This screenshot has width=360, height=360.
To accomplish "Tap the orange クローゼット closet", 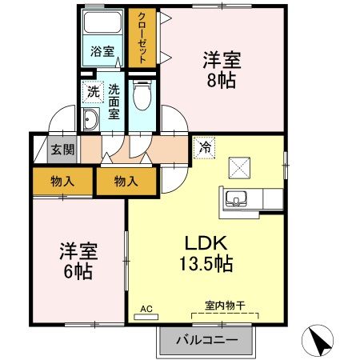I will [142, 38].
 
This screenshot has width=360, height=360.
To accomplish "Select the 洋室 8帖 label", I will [222, 68].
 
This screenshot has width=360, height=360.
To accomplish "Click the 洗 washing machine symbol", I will [93, 91].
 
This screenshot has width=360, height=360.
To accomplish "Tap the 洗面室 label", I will [114, 102].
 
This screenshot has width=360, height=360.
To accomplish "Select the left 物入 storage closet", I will [63, 181].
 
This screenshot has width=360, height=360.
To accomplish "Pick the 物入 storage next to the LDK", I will [126, 182].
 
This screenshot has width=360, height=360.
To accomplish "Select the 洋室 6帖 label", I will [77, 260].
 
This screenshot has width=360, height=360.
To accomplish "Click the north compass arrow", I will [319, 342].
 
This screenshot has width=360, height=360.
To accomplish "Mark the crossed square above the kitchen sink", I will [240, 166].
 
